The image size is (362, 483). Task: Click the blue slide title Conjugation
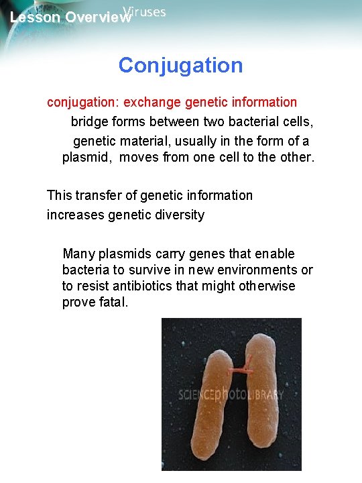point(180,66)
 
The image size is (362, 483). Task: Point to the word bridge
point(91,122)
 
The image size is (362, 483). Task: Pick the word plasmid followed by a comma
point(86,158)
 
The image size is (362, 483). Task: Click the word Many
point(78,254)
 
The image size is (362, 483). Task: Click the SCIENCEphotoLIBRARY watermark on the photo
point(231,394)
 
